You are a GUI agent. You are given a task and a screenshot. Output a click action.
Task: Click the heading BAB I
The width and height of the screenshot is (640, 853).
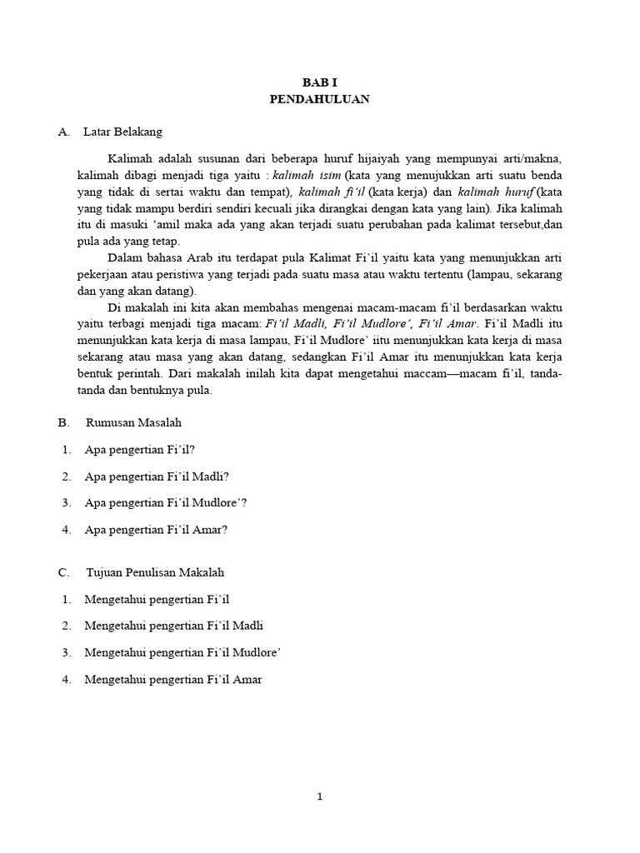pos(319,83)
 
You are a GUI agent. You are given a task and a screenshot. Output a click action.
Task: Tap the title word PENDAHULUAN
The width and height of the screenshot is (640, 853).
pos(319,99)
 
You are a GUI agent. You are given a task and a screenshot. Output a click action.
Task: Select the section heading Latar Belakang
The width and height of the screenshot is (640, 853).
pos(123,132)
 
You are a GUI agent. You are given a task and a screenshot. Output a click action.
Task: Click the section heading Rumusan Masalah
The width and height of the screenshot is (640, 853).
pos(133,423)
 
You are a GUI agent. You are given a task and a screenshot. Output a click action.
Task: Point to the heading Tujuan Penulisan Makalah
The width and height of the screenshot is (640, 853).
pos(155,573)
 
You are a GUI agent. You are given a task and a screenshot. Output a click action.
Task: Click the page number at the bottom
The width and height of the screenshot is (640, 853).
pos(319,796)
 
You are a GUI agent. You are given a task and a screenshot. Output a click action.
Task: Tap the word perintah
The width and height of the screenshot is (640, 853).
pos(137,375)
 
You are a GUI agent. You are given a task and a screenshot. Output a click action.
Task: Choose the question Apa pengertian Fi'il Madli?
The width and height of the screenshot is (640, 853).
pos(157,476)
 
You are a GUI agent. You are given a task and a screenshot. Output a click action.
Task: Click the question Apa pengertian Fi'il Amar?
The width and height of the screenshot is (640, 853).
pos(156,530)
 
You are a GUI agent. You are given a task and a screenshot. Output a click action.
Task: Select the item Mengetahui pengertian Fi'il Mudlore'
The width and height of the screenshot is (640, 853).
pos(182,653)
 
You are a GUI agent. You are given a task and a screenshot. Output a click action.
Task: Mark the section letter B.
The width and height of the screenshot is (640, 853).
pos(62,423)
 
